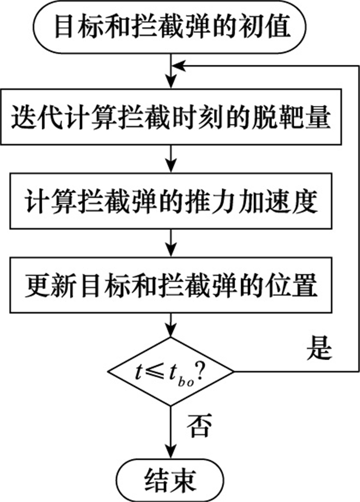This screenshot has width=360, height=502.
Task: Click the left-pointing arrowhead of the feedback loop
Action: coord(177,66)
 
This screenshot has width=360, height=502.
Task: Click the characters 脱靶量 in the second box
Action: coord(296,119)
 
